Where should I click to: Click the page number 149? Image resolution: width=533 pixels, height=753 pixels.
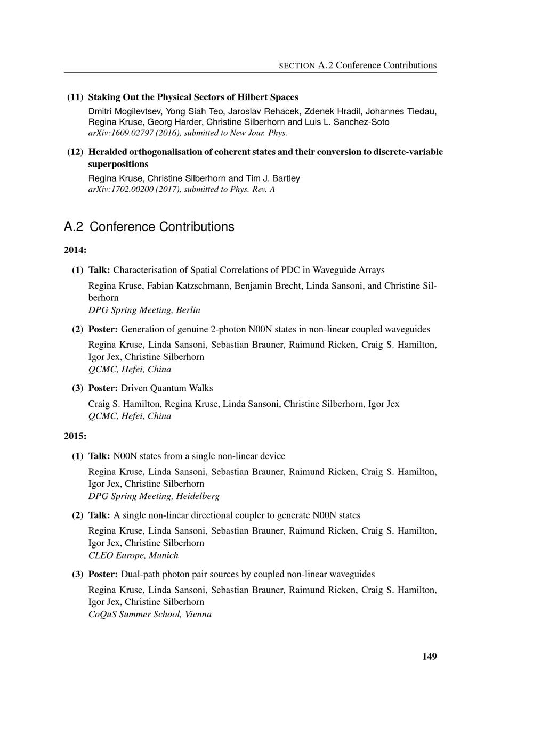[x=429, y=657]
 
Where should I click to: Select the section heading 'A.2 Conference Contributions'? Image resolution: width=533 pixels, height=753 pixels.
[x=149, y=227]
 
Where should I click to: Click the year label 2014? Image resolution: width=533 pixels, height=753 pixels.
[x=75, y=250]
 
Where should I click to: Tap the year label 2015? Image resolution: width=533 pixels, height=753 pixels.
[x=75, y=436]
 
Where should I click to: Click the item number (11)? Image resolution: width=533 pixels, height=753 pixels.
[x=75, y=97]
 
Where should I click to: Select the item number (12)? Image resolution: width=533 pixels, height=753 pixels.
[x=75, y=152]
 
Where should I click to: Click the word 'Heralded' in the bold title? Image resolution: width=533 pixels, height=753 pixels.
[x=107, y=152]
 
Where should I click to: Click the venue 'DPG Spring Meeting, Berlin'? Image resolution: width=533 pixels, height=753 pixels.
[x=144, y=310]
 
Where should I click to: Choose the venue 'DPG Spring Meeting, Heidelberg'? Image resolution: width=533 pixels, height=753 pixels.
[x=154, y=496]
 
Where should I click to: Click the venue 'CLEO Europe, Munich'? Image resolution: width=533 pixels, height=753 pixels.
[x=133, y=555]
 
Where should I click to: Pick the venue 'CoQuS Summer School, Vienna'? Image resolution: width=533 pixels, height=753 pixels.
[x=150, y=615]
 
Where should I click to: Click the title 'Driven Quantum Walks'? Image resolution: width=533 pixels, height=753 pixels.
[x=167, y=388]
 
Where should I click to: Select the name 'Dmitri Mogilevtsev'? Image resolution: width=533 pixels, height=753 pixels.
[x=124, y=112]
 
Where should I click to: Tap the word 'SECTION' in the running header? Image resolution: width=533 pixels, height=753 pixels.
[x=297, y=66]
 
